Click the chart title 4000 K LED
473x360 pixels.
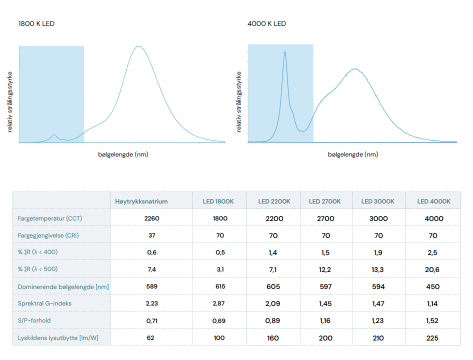tap(266, 23)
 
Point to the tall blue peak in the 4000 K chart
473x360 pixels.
tap(284, 52)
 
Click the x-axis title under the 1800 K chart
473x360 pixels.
tap(123, 154)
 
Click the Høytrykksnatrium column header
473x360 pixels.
tap(141, 201)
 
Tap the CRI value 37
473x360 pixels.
tap(151, 235)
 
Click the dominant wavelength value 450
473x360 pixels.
tap(433, 286)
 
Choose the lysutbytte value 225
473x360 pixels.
tap(433, 338)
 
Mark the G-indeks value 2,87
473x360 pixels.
tap(220, 303)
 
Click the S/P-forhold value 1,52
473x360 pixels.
tap(433, 320)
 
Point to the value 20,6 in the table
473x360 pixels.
tap(433, 269)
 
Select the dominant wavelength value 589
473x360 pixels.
tap(151, 286)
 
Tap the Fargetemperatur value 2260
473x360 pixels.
tap(151, 218)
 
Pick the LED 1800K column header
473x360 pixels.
tap(218, 201)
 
